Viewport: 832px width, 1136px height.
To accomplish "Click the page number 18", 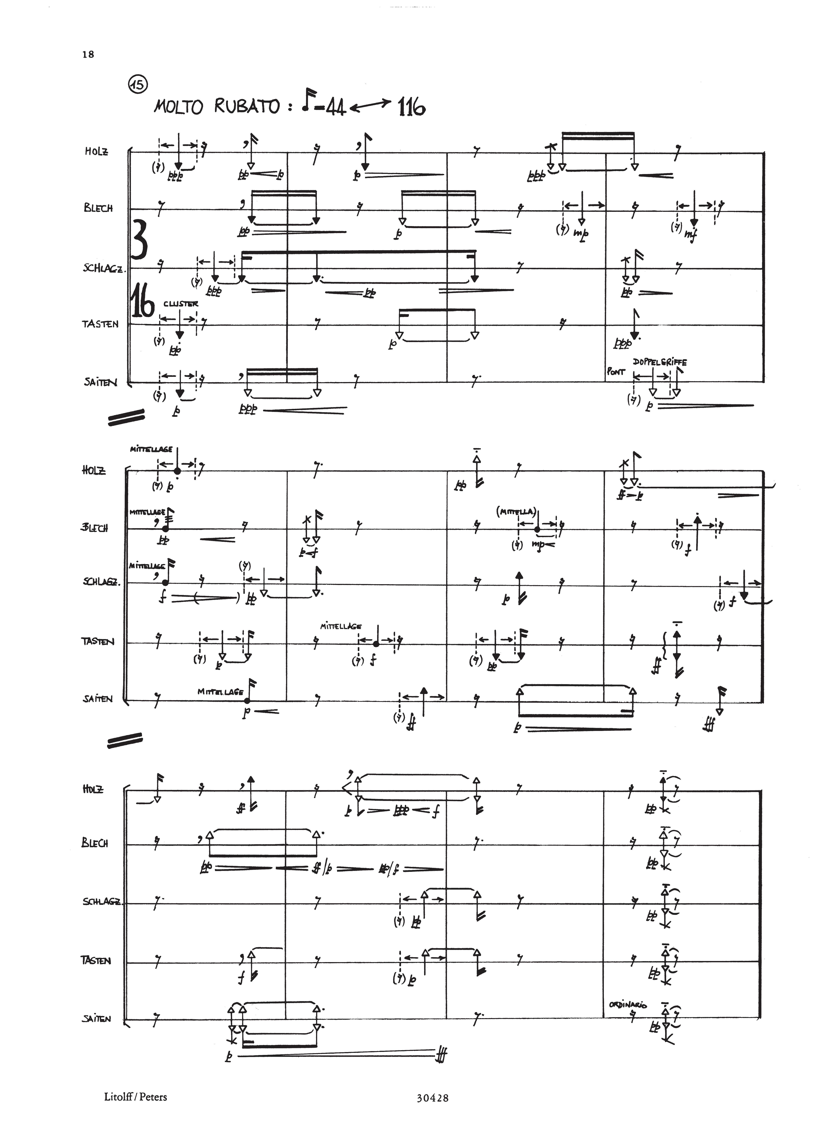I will pos(88,54).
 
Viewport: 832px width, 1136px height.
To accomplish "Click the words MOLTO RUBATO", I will pos(217,107).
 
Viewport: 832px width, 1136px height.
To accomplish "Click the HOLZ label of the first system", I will pos(96,151).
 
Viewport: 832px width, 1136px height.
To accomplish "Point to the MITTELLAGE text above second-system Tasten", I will pos(341,626).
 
